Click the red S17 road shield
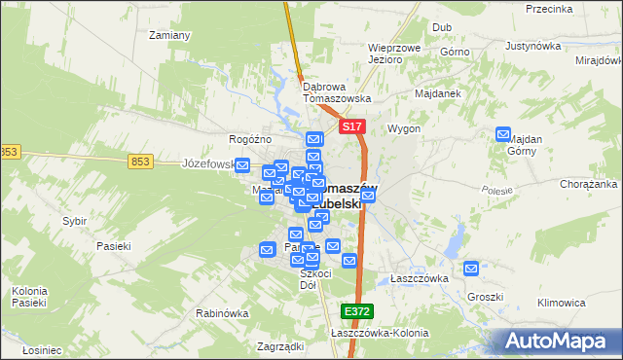coord(352,127)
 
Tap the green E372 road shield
coord(356,310)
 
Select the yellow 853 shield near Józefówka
coord(138,162)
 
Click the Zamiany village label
coord(168,35)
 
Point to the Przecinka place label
coord(548,9)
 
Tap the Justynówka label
coord(535,46)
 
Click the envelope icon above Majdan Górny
coord(503,134)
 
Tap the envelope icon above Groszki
coord(471,268)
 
